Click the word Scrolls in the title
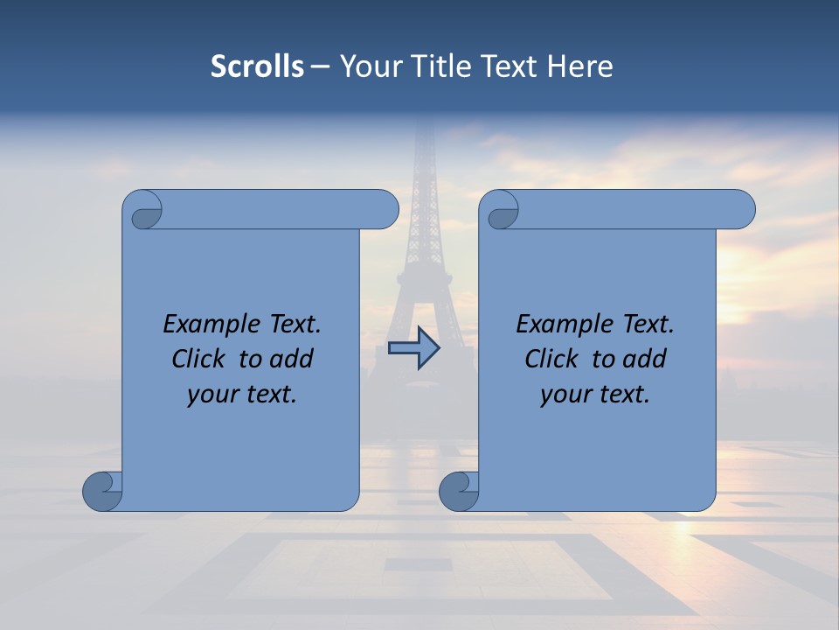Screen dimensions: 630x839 pyautogui.click(x=257, y=66)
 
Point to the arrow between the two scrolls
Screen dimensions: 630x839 pyautogui.click(x=414, y=348)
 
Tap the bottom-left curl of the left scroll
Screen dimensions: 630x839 pyautogui.click(x=102, y=490)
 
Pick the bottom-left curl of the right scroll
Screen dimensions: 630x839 pyautogui.click(x=459, y=490)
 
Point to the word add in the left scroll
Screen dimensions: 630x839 pyautogui.click(x=291, y=359)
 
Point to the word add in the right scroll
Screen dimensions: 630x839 pyautogui.click(x=644, y=359)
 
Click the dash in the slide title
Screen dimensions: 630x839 pyautogui.click(x=321, y=66)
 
